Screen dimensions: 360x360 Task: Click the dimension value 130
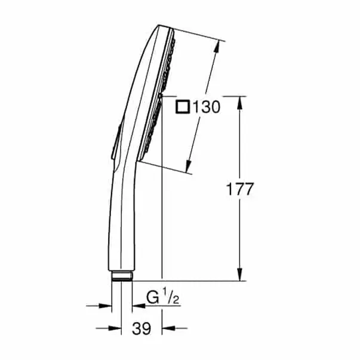[207, 107]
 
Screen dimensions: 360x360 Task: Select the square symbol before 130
[184, 107]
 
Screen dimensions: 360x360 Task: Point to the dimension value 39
[141, 328]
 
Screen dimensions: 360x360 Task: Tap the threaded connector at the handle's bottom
[122, 276]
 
